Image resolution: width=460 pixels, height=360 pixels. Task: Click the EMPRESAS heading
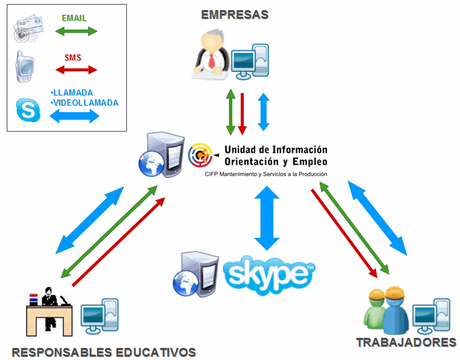point(234,14)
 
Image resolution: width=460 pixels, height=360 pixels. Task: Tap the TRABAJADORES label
point(406,343)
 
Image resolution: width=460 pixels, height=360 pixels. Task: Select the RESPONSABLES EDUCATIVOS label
point(103,352)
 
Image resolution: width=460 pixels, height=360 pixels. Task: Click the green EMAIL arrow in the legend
point(76,32)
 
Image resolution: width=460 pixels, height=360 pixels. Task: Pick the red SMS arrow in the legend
point(77,69)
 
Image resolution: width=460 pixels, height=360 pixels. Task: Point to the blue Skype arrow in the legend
point(75,116)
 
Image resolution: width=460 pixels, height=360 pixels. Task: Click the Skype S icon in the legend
point(28,109)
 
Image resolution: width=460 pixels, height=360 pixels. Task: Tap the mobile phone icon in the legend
point(25,66)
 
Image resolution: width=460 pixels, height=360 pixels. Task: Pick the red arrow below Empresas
point(242,111)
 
